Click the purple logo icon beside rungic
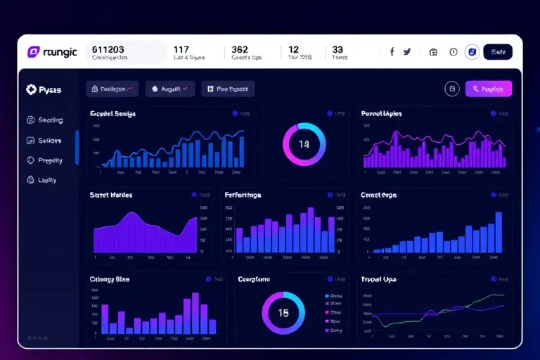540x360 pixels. coord(33,51)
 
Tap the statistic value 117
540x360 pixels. coord(181,50)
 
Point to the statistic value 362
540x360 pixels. coord(239,50)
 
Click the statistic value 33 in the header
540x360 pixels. coord(337,50)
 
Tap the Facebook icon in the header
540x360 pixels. coord(392,51)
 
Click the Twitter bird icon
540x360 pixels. coord(406,51)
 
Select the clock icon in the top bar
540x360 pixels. coord(453,52)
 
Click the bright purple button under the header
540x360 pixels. coord(488,89)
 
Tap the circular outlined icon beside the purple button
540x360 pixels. coord(452,89)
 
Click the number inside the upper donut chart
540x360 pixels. coord(304,144)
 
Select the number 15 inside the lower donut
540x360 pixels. coord(283,313)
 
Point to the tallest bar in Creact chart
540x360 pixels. coord(499,232)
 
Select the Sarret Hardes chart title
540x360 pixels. coord(111,195)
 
